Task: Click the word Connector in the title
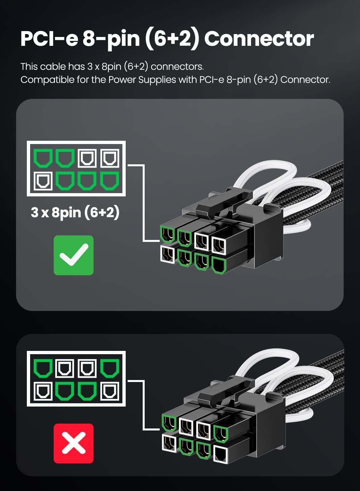[259, 39]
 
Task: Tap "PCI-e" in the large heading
[49, 39]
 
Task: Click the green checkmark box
[74, 255]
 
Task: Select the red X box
[74, 444]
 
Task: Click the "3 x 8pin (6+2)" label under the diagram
[75, 213]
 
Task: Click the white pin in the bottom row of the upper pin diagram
[43, 181]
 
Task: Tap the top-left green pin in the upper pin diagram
[43, 158]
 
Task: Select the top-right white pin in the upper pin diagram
[110, 158]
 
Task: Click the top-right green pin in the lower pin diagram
[110, 368]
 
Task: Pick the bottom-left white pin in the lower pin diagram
[43, 391]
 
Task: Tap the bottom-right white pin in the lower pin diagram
[110, 391]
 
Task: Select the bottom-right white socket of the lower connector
[221, 454]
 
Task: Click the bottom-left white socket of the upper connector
[168, 254]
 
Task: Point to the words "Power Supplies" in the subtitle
[142, 80]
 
